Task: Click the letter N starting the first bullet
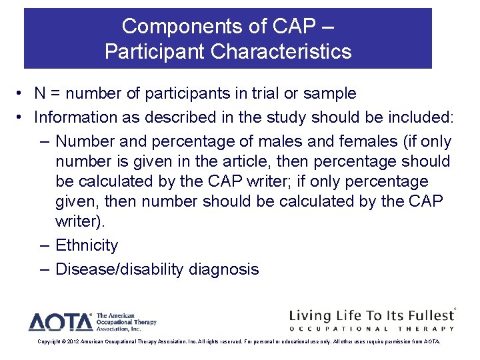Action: click(x=40, y=94)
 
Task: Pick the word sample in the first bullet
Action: click(x=328, y=94)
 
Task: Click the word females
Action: click(x=353, y=142)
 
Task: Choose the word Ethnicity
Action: click(x=87, y=245)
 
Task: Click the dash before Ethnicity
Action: click(x=44, y=245)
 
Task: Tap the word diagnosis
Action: click(x=224, y=269)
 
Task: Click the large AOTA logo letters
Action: click(x=60, y=322)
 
